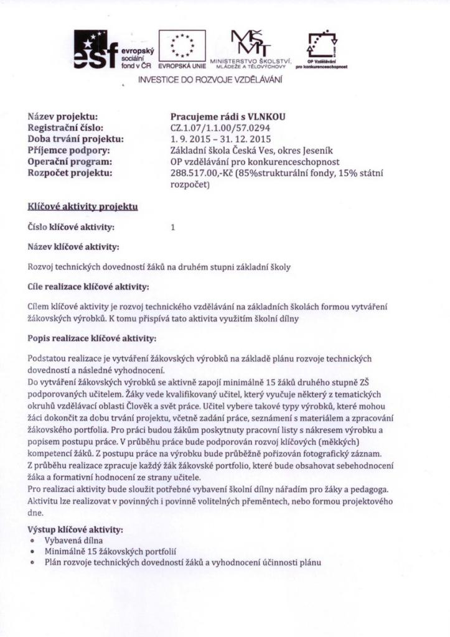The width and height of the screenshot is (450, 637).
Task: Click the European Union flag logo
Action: click(x=182, y=48)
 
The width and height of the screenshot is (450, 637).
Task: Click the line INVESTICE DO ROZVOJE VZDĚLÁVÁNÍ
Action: click(x=210, y=80)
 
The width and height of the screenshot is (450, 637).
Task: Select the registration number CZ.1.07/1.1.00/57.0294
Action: click(x=220, y=127)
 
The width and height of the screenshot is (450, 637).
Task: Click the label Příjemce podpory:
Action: click(x=69, y=150)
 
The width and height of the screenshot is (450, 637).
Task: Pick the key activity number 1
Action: click(x=172, y=228)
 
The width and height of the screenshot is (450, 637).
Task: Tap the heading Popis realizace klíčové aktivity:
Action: click(x=91, y=339)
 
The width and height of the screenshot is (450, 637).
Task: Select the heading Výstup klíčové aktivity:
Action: click(x=75, y=529)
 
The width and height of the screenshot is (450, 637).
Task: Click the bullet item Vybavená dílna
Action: click(x=70, y=540)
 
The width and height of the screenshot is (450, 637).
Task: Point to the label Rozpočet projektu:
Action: click(x=70, y=172)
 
